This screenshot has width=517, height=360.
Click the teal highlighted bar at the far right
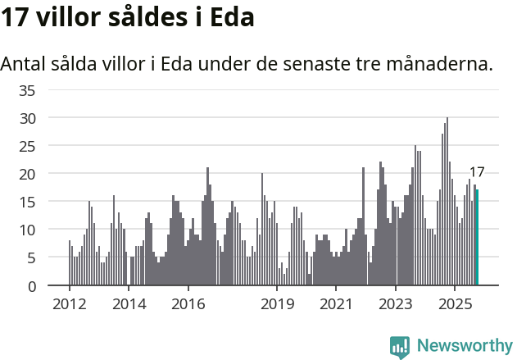click(477, 238)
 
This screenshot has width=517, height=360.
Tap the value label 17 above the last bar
click(477, 173)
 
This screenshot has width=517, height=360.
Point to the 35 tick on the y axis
click(27, 90)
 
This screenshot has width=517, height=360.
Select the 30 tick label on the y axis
click(27, 118)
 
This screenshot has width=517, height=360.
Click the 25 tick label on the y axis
click(27, 146)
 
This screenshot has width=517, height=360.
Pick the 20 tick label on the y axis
click(27, 174)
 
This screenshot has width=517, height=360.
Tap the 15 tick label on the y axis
click(27, 202)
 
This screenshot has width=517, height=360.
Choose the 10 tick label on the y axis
click(27, 230)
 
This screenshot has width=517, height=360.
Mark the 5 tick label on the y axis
click(31, 258)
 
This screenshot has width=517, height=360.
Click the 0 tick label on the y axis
click(31, 286)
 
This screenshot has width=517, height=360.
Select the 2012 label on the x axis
click(69, 304)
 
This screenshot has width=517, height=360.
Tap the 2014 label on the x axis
click(129, 304)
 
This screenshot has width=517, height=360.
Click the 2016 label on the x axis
click(188, 304)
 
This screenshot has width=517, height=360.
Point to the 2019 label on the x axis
click(277, 304)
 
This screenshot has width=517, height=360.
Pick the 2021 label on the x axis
click(336, 304)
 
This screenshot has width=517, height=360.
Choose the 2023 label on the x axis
click(396, 304)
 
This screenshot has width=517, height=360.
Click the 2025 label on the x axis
click(455, 304)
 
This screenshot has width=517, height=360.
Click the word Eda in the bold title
click(227, 18)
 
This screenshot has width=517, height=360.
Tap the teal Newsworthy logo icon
click(400, 346)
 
